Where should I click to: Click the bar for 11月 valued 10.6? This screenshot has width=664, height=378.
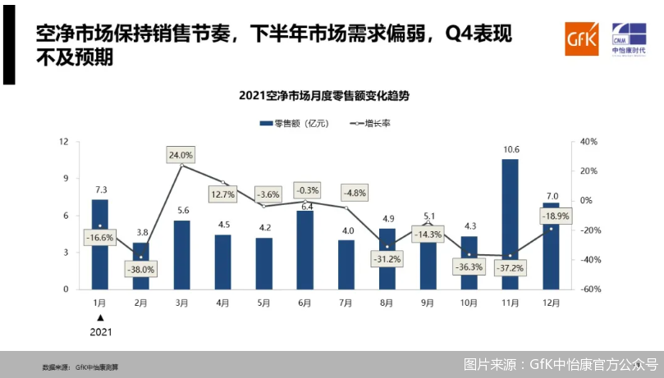click(x=510, y=224)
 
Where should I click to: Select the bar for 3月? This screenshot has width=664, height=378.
click(x=181, y=254)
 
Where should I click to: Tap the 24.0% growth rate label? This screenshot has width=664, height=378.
click(x=181, y=154)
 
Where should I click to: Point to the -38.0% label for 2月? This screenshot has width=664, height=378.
click(x=140, y=269)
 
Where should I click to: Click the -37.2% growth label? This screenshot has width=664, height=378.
click(x=511, y=268)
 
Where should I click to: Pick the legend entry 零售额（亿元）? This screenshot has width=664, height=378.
click(x=295, y=123)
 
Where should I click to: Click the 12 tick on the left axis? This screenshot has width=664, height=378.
click(x=64, y=142)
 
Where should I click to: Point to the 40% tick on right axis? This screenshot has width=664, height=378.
click(x=589, y=142)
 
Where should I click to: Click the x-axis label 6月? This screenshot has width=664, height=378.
click(x=305, y=302)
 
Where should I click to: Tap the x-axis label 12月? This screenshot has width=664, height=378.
click(x=551, y=302)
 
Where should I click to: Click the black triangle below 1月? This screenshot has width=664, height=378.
click(x=100, y=317)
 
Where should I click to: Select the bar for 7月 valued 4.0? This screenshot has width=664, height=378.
click(x=346, y=264)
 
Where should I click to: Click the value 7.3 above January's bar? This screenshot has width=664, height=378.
click(x=99, y=189)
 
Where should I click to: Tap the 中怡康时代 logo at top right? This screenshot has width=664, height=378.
click(x=628, y=39)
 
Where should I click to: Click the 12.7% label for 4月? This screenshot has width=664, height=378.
click(x=223, y=195)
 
